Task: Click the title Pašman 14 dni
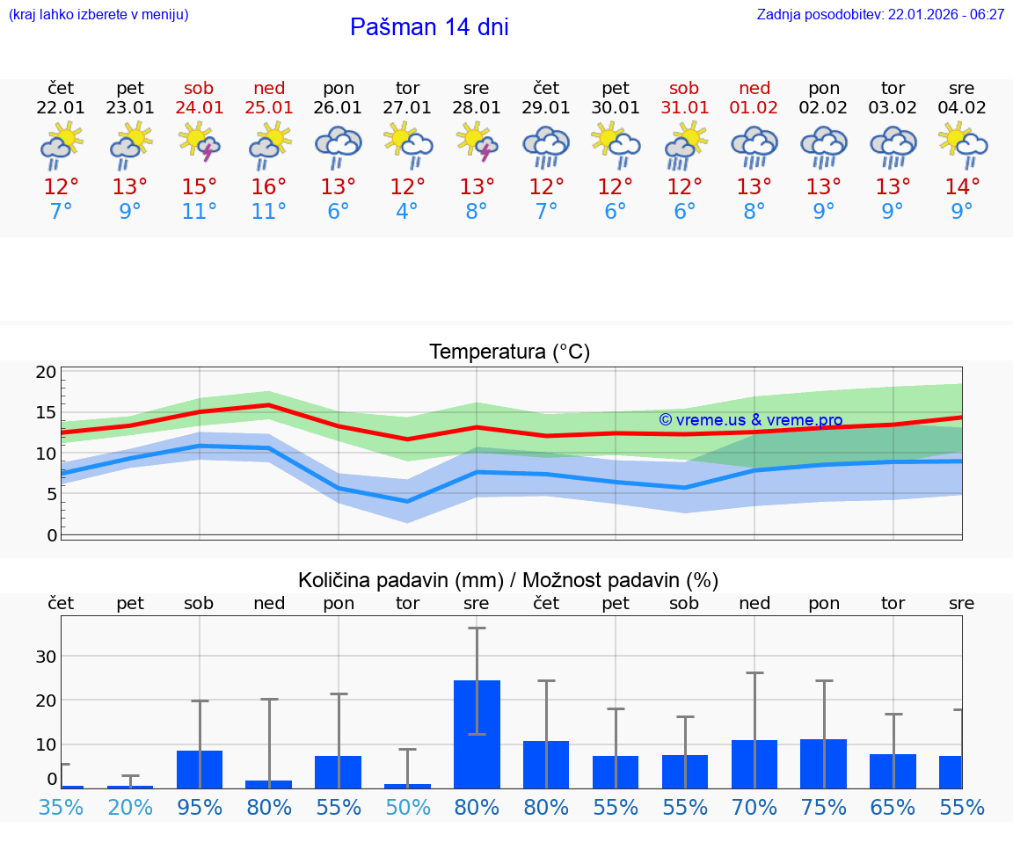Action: (429, 27)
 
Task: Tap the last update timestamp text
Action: (880, 15)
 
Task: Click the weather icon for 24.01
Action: (200, 143)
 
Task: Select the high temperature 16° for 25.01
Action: (269, 186)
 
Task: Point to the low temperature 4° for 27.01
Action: (407, 211)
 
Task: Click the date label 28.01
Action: (477, 108)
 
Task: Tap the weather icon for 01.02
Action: (754, 146)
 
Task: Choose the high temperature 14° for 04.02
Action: (962, 186)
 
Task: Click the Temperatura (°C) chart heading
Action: (509, 352)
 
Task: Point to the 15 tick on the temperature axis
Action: (46, 412)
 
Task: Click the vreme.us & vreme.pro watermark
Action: (750, 420)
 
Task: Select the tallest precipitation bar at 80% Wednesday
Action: (477, 734)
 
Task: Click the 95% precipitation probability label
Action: (200, 807)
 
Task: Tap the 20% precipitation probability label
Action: (130, 807)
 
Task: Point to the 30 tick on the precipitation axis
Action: (46, 657)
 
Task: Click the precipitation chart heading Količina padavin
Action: (508, 580)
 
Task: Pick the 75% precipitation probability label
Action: (824, 807)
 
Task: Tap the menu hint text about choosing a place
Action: (98, 15)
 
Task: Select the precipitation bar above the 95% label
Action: (200, 769)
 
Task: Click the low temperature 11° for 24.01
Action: (200, 211)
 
